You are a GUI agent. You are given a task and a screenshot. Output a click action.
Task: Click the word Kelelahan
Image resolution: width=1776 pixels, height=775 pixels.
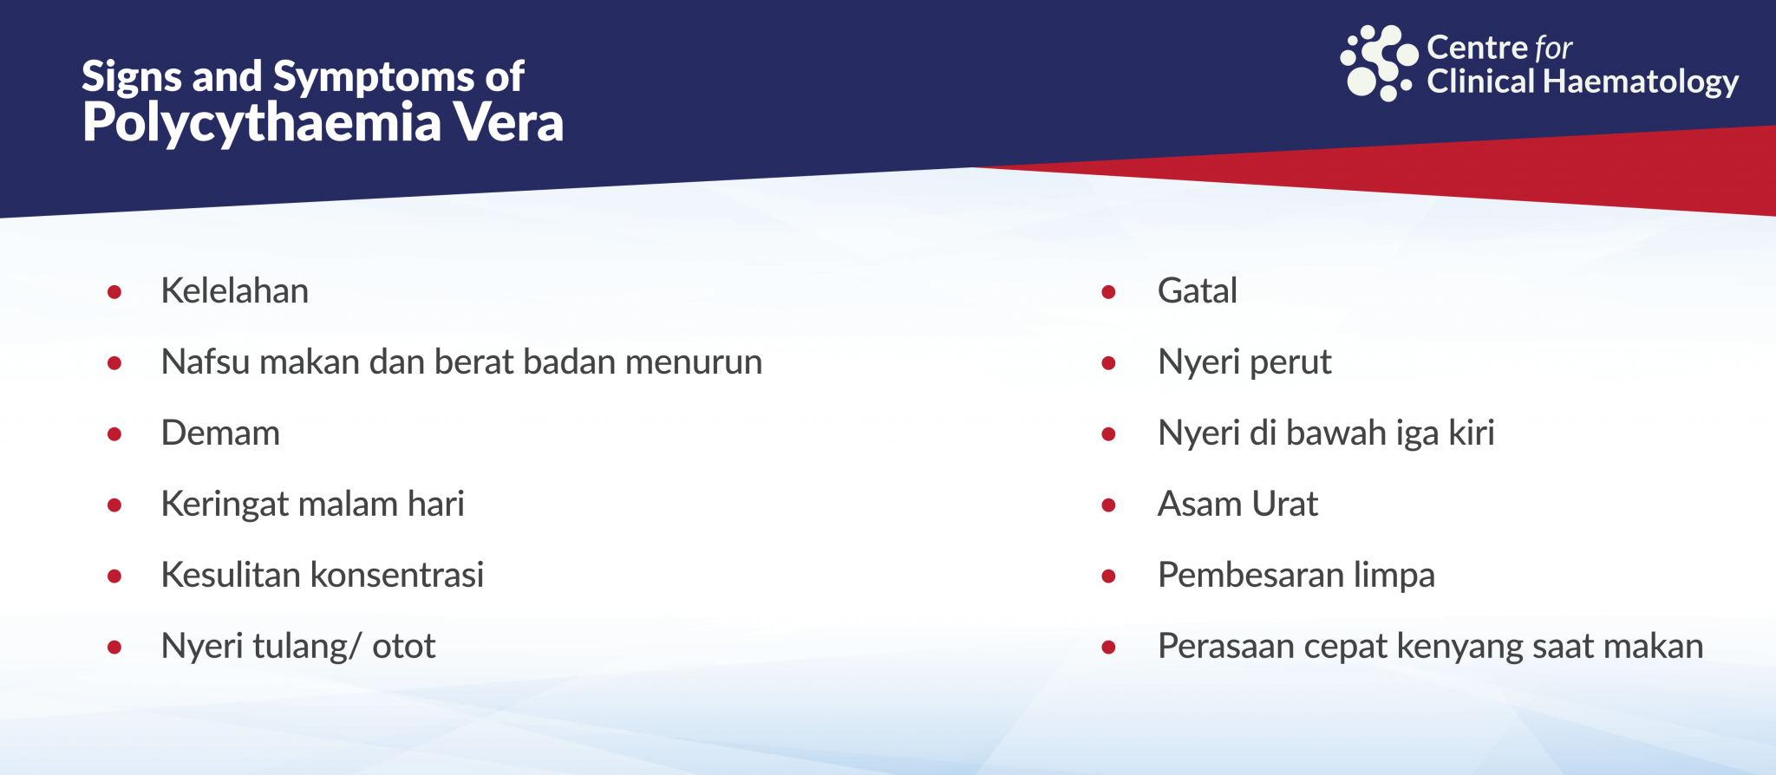235,290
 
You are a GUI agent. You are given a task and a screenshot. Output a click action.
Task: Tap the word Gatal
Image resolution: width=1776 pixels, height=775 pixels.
1198,290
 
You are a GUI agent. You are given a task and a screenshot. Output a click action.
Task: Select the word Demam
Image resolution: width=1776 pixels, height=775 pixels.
221,433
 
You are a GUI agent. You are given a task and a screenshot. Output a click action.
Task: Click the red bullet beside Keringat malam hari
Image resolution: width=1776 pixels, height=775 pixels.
114,505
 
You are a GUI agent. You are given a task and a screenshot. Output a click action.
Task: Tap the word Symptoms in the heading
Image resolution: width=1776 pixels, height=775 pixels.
375,78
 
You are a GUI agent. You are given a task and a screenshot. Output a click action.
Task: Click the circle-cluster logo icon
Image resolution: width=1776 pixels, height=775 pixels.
1379,62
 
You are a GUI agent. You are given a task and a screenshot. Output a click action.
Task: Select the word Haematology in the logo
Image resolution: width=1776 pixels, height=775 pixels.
1641,82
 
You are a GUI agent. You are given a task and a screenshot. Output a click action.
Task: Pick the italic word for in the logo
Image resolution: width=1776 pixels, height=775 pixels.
1553,47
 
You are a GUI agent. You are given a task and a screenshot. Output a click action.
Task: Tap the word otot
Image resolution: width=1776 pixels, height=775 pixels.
404,647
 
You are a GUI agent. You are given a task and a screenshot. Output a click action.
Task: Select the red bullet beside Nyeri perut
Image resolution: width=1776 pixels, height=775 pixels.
1108,363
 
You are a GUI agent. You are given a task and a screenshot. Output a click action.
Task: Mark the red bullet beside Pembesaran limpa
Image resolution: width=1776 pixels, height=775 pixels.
1108,576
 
